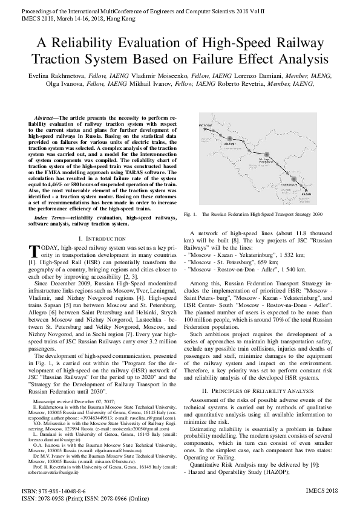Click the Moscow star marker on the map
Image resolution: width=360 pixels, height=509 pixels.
point(205,129)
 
